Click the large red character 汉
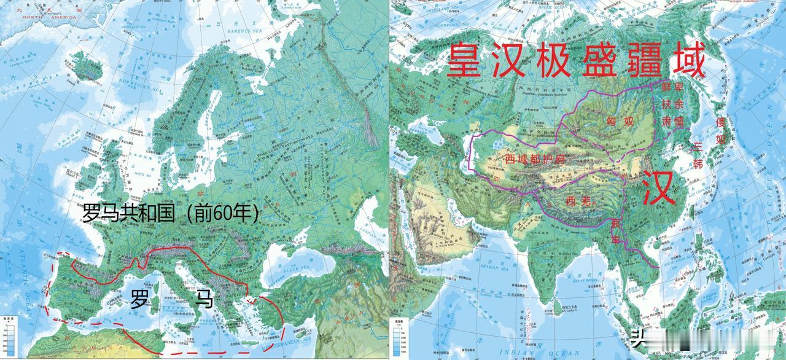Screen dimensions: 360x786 (659, 189)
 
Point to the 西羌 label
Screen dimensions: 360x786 (578, 200)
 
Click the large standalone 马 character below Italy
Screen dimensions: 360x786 (204, 300)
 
